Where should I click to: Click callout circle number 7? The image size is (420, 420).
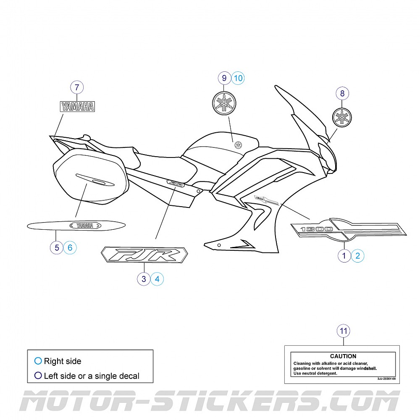pos(77,88)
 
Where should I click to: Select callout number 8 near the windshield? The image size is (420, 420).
pos(342,94)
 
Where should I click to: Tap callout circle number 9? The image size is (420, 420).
pos(224,78)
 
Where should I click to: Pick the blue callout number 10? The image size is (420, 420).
pos(238,78)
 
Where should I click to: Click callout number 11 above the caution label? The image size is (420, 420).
pos(344,331)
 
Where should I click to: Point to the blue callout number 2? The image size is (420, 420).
pos(358,255)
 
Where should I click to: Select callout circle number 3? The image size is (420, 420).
pos(144,279)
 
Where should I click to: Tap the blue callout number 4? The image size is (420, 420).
pos(157,279)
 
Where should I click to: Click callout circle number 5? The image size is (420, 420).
pos(57,248)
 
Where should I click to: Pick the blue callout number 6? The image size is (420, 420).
pos(70,248)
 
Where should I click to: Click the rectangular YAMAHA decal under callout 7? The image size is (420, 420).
pos(77,107)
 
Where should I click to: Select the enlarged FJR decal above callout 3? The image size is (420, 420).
pos(144,255)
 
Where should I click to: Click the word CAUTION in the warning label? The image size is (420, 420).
pos(343,356)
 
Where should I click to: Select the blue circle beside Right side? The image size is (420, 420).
pos(38,361)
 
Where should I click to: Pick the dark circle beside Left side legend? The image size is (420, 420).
pos(38,375)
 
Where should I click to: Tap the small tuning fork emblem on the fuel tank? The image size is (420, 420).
pos(239,145)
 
